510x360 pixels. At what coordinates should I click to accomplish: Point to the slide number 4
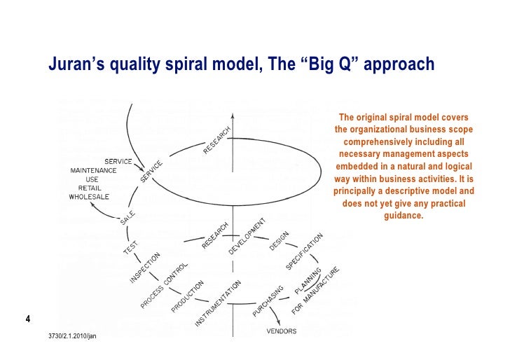[x=27, y=321]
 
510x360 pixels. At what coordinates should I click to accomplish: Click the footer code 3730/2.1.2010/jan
[x=74, y=337]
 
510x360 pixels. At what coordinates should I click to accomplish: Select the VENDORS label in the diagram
[x=281, y=331]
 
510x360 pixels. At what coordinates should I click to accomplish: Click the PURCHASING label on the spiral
[x=268, y=301]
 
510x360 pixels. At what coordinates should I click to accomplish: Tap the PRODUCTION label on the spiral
[x=187, y=297]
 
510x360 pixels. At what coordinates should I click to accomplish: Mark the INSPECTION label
[x=144, y=268]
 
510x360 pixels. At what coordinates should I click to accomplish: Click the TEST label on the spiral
[x=130, y=249]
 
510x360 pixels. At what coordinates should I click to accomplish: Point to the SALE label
[x=127, y=218]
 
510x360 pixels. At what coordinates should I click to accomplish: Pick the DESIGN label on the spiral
[x=279, y=241]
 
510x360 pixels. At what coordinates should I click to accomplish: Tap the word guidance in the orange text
[x=404, y=215]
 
